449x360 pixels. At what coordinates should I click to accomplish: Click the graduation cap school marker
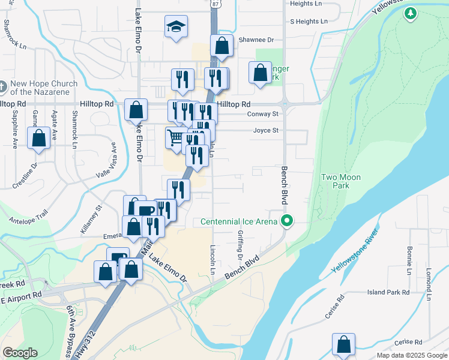(176, 27)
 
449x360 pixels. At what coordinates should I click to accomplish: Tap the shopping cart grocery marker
(175, 137)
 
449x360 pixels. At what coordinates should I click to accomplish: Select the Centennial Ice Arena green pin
(287, 221)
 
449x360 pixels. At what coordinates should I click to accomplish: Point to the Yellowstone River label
(355, 251)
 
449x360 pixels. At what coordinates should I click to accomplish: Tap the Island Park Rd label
(388, 292)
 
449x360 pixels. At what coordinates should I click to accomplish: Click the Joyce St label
(265, 130)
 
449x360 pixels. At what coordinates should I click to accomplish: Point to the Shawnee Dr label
(256, 40)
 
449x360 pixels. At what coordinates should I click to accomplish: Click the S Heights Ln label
(309, 22)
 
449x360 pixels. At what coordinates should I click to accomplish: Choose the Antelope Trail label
(28, 215)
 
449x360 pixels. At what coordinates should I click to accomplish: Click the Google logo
(20, 353)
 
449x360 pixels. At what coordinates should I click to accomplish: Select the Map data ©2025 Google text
(412, 355)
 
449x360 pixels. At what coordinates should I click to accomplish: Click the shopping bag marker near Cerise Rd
(344, 344)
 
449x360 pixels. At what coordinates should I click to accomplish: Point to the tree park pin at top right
(411, 13)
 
